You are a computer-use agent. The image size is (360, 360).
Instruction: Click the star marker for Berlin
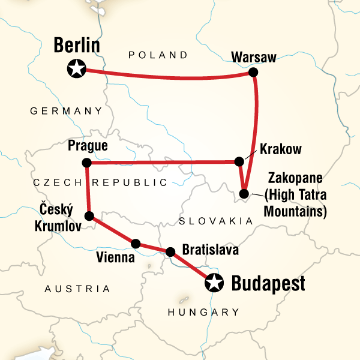(76, 69)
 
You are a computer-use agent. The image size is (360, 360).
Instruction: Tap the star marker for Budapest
(214, 282)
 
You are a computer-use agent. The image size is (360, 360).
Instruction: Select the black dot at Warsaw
(253, 73)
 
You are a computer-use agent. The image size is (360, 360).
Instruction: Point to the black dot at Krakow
(239, 161)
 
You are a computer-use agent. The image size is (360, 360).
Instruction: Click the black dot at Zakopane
(244, 193)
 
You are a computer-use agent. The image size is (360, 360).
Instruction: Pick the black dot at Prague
(86, 163)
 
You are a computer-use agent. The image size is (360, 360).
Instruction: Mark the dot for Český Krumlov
(90, 216)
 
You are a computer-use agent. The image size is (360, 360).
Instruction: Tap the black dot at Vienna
(136, 244)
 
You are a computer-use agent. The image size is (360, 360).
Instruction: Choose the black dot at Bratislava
(170, 252)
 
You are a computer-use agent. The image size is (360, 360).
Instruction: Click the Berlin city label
(76, 46)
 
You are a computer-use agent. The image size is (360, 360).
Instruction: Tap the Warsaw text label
(254, 58)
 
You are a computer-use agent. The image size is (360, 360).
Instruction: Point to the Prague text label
(88, 146)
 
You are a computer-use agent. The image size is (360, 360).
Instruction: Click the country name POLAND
(158, 55)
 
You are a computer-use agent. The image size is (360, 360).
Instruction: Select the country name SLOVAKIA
(215, 221)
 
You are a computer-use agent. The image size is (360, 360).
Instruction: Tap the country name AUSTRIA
(78, 289)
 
